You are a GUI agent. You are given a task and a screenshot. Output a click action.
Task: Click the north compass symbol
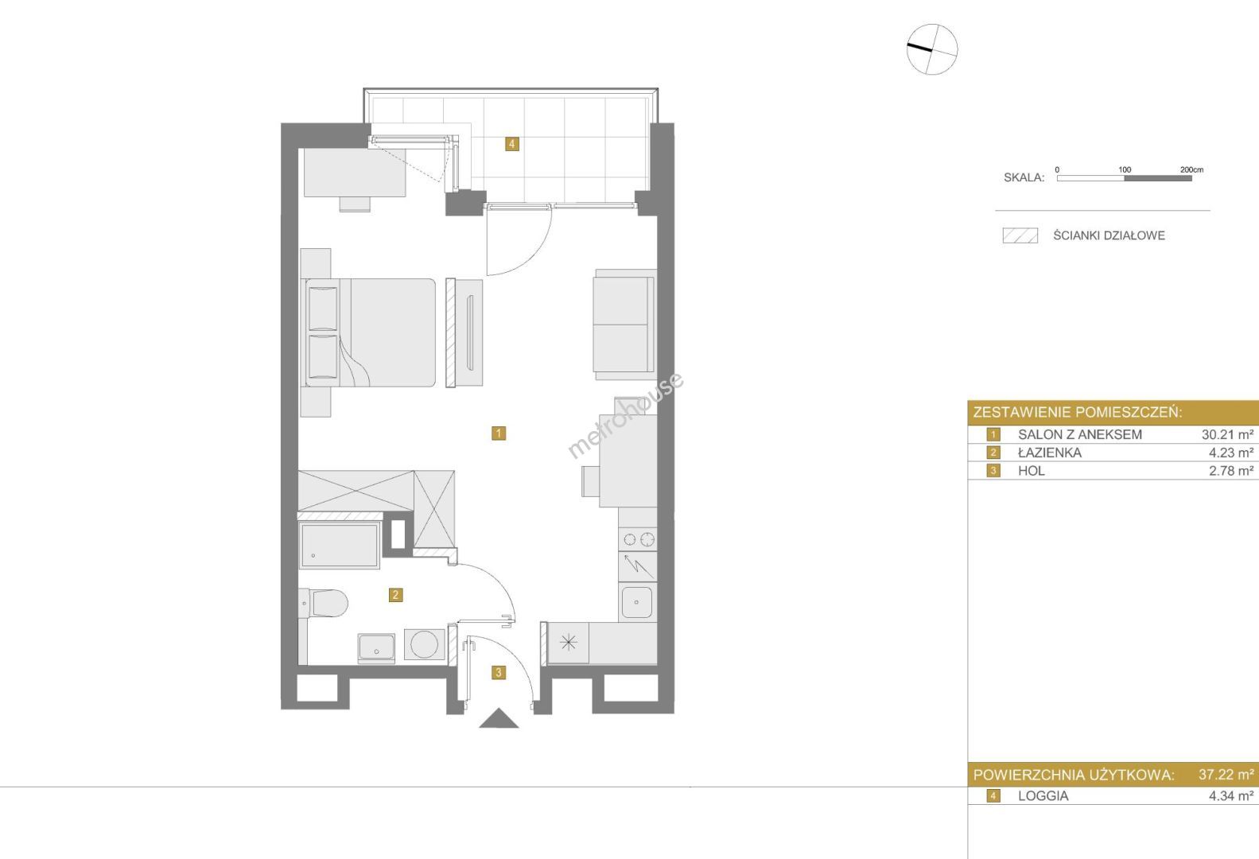tap(932, 49)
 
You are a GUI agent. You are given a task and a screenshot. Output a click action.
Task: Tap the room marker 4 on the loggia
tap(511, 144)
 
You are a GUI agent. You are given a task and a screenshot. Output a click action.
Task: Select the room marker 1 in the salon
tap(499, 433)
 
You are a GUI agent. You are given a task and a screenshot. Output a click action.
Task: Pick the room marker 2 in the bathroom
tap(396, 595)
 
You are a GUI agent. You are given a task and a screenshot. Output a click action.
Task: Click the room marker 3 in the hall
tap(499, 672)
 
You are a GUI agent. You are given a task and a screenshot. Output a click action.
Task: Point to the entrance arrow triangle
tap(499, 718)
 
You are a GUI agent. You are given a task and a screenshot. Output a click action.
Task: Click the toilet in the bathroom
tap(323, 603)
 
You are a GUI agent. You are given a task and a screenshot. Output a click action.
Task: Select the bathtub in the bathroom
tap(340, 546)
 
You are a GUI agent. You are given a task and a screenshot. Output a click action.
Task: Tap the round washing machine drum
tap(425, 644)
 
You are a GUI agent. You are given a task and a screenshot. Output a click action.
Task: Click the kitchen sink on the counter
tap(637, 602)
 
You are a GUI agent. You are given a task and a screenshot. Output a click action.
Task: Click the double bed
tap(371, 332)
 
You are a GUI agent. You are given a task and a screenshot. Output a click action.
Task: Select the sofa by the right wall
tap(624, 321)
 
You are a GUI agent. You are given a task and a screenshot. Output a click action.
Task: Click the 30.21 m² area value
tap(1227, 434)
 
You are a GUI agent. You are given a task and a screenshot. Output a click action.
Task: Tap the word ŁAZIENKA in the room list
tap(1049, 453)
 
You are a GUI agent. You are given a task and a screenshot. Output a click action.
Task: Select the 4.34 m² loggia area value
tap(1231, 796)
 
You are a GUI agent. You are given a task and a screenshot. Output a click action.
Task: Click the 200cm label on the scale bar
tap(1191, 169)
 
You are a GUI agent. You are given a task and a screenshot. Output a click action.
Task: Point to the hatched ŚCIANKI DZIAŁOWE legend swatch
tap(1020, 235)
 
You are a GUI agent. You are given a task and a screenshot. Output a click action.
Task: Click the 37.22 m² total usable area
tap(1226, 775)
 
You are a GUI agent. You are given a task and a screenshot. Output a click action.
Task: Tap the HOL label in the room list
tap(1032, 471)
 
